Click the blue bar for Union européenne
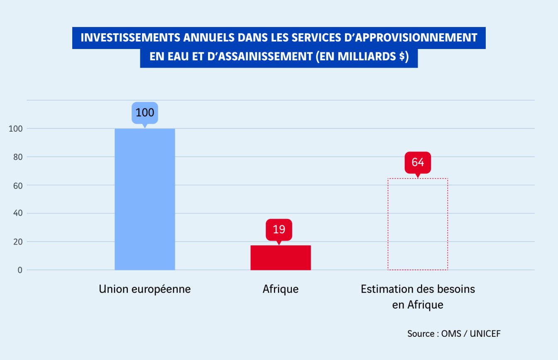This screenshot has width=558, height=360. coord(144,199)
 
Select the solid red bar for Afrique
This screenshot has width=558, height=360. coord(281,258)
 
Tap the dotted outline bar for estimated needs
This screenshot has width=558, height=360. coord(418,224)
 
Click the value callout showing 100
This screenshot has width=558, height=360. coord(145,113)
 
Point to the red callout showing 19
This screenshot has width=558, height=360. coord(279,229)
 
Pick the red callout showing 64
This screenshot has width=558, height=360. coord(418,162)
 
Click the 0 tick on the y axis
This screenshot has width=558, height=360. coord(19,270)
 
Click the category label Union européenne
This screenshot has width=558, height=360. coord(144,289)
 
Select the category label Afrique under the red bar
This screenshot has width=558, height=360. coord(281,289)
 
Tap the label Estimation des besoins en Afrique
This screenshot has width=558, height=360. coord(418,296)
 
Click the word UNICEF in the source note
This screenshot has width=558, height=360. coord(485,334)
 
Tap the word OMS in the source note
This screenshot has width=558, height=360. coord(451,334)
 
